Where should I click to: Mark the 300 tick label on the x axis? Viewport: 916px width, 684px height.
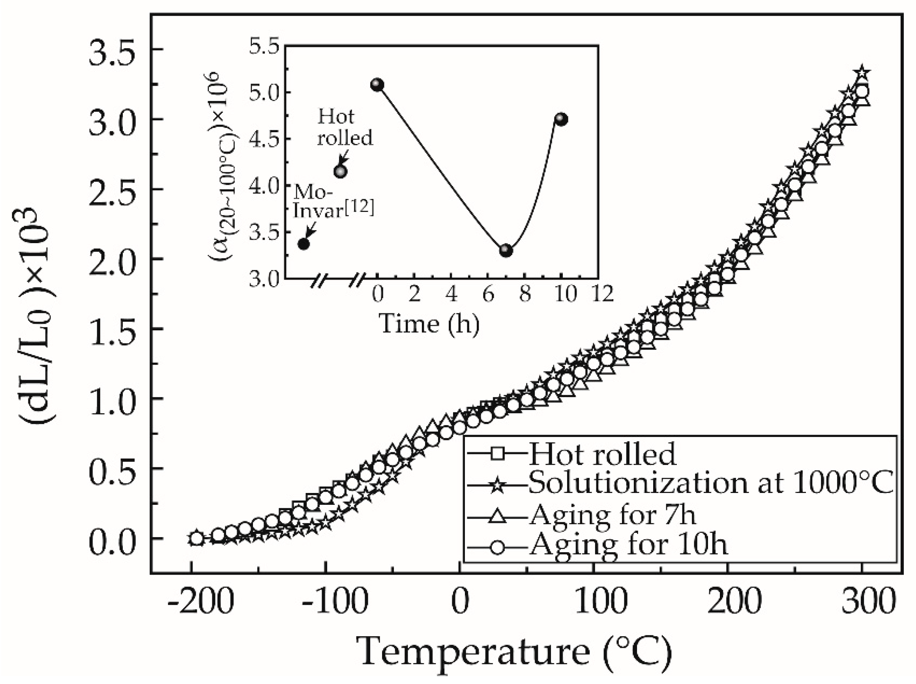tap(862, 602)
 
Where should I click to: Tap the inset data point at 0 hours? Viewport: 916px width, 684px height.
tap(377, 85)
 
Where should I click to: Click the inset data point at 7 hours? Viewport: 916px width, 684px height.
tap(506, 251)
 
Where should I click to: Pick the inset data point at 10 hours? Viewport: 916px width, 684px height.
tap(561, 120)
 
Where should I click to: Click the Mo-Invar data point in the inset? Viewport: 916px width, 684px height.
tap(304, 244)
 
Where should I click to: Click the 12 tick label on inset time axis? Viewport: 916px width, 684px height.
tap(602, 294)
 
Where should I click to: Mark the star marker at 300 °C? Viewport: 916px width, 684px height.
tap(862, 72)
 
